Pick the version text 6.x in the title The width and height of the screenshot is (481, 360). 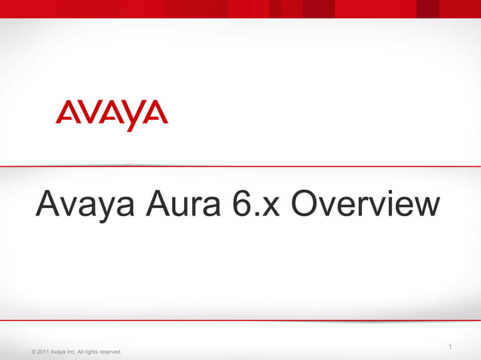click(256, 205)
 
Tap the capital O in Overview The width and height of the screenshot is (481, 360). click(305, 205)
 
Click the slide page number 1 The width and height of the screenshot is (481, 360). click(449, 347)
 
